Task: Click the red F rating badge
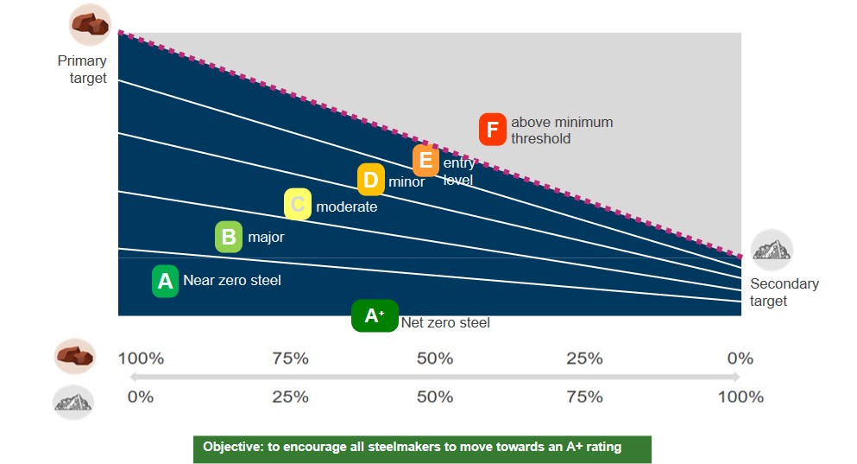[x=493, y=130]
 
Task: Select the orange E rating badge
[x=425, y=161]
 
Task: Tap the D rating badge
[x=371, y=180]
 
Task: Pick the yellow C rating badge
[x=298, y=204]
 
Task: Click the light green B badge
[x=229, y=237]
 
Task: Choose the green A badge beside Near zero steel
[x=165, y=281]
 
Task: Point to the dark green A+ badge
[x=375, y=315]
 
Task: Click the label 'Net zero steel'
[x=445, y=323]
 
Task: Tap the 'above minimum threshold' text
[x=562, y=130]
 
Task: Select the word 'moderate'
[x=347, y=207]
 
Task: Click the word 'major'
[x=266, y=238]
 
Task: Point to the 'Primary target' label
[x=82, y=69]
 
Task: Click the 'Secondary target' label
[x=785, y=292]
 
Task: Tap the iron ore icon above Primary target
[x=90, y=24]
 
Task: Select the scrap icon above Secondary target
[x=772, y=250]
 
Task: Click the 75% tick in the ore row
[x=291, y=359]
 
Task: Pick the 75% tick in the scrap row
[x=585, y=397]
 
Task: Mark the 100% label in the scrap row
[x=740, y=397]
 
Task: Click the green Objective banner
[x=423, y=449]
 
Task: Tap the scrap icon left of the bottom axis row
[x=73, y=403]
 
